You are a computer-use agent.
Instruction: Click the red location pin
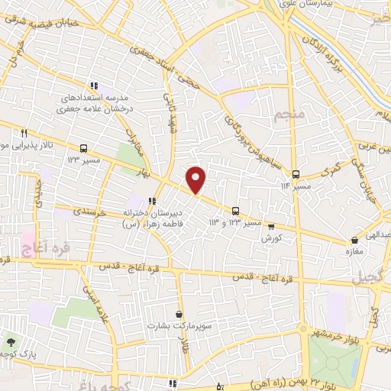click(x=197, y=179)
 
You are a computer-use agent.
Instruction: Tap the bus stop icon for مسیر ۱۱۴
click(x=296, y=173)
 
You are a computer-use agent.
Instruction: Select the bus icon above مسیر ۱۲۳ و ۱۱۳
click(x=235, y=210)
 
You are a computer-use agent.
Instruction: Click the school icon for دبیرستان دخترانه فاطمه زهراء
click(x=152, y=202)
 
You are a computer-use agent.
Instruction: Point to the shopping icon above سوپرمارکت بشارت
click(x=179, y=314)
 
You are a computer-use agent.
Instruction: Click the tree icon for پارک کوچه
click(x=11, y=342)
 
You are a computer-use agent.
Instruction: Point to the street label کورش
click(x=267, y=239)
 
